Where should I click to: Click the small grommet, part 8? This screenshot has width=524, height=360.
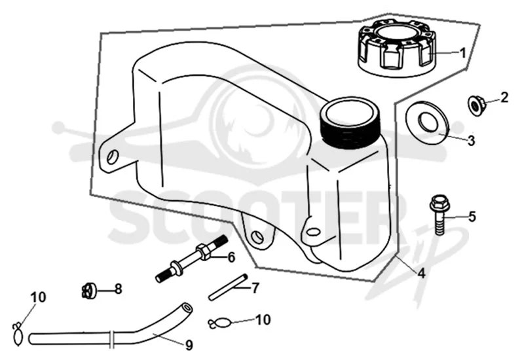click(x=89, y=290)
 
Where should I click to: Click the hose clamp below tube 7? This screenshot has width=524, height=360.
click(x=219, y=323)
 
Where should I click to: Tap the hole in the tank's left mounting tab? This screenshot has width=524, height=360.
click(x=112, y=156)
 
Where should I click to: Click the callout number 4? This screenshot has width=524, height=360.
click(x=422, y=273)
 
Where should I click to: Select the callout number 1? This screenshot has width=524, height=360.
click(x=463, y=53)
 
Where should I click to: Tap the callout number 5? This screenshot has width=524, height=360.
click(x=472, y=217)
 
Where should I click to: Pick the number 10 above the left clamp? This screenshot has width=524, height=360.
click(x=39, y=297)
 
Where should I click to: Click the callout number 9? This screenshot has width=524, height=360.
click(x=189, y=346)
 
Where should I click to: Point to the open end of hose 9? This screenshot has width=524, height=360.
click(x=187, y=307)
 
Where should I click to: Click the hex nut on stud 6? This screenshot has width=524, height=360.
click(x=202, y=251)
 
